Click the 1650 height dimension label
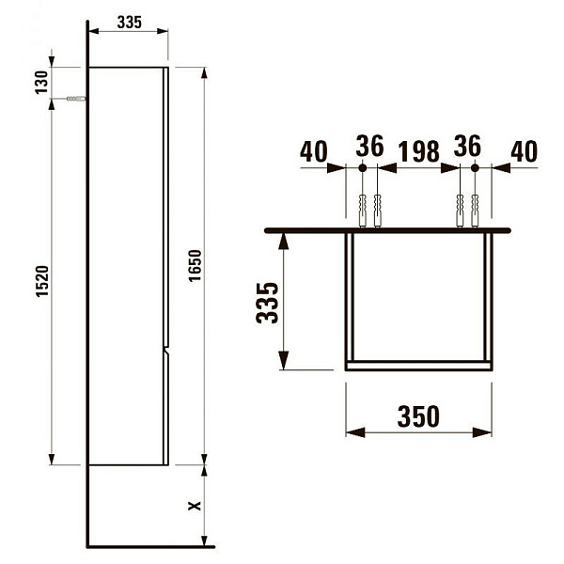(196, 265)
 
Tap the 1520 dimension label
(42, 281)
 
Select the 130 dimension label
(41, 83)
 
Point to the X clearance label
(195, 506)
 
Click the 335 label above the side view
(130, 23)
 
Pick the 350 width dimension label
(418, 416)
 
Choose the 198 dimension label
(419, 151)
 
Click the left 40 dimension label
(314, 151)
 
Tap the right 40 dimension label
(525, 151)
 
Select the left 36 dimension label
(369, 146)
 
